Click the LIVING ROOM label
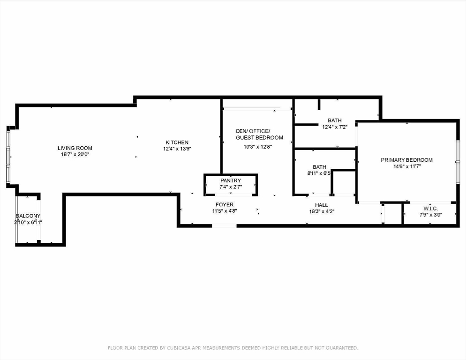tap(75, 148)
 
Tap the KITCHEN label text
tap(177, 142)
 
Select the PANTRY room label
tap(231, 180)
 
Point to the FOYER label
tap(225, 204)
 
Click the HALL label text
tap(322, 205)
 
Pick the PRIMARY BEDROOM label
tap(406, 160)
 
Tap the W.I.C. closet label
tap(431, 209)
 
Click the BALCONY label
tap(28, 216)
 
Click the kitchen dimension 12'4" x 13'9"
tap(177, 149)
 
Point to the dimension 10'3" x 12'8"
tap(258, 147)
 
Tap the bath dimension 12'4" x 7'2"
tap(335, 127)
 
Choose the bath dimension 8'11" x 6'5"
tap(319, 173)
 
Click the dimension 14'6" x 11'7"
tap(406, 166)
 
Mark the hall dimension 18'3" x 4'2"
tap(322, 212)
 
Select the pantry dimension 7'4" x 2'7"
tap(231, 187)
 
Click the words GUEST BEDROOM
tap(259, 138)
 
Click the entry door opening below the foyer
tap(224, 226)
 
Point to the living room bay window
tap(8, 157)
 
